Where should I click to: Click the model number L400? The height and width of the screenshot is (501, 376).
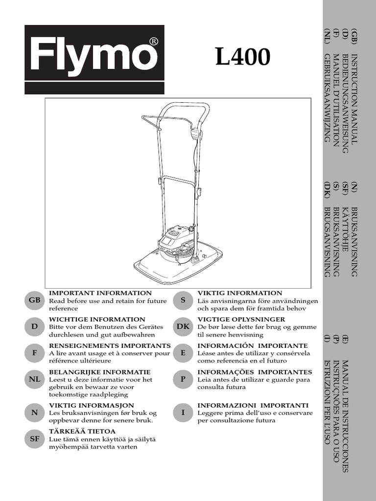coord(242,58)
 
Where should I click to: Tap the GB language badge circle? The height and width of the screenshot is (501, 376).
coord(35,301)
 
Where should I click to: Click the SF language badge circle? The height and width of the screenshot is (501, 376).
coord(35,439)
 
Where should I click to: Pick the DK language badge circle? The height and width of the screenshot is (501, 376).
coord(183,326)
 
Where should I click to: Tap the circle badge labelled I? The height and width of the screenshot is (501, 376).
coord(183,412)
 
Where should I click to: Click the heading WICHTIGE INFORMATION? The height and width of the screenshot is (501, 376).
coord(97,319)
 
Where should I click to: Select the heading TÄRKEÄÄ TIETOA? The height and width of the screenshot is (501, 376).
coord(82,431)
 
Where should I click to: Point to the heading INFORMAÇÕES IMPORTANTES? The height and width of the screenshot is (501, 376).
coord(254,372)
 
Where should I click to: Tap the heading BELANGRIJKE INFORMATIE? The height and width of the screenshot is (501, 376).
coord(100,372)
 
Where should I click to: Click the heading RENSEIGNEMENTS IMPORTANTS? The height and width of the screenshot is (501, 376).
coord(110,346)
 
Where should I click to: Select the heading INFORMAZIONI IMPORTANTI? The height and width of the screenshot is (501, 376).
coord(253,406)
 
